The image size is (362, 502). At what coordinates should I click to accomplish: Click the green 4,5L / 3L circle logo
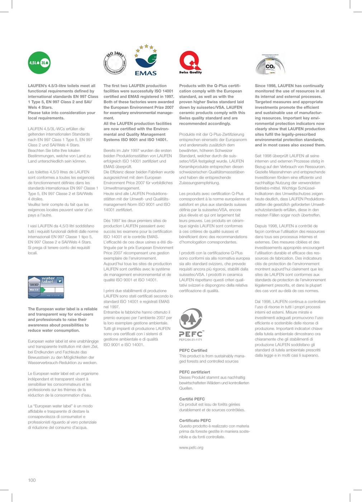pos(39,63)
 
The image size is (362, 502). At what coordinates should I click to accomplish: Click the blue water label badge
pos(46,287)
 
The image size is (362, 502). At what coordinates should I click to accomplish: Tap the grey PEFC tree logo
pos(191,319)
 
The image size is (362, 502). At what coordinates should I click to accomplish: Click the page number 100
pos(32,480)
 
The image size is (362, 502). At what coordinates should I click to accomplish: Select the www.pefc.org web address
pos(191,447)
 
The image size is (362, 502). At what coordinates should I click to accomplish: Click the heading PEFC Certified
pos(193,350)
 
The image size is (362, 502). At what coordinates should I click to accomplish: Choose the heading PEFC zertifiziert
pos(195,372)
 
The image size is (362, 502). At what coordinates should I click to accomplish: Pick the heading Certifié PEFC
pos(192,399)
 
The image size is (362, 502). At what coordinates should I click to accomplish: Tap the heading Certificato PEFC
pos(195,420)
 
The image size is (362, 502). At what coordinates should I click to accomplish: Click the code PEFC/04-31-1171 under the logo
pos(190,340)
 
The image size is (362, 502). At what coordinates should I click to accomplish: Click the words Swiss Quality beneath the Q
pos(190,72)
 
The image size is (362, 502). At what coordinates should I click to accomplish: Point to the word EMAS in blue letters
pos(146,73)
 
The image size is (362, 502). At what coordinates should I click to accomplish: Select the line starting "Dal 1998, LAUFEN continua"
pos(290,302)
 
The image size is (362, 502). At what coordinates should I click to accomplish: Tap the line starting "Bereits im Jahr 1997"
pos(137,150)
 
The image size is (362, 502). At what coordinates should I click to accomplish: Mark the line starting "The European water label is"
pos(63,309)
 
